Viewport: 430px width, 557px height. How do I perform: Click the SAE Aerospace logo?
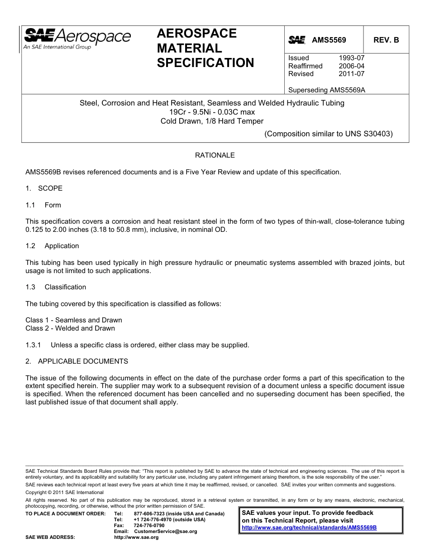(x=77, y=38)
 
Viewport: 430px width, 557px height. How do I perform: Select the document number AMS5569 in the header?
(x=329, y=40)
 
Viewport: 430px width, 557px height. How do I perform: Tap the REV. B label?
(x=386, y=40)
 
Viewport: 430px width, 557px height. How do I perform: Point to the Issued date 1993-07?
(x=351, y=58)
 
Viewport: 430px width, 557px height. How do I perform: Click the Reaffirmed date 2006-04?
(x=351, y=66)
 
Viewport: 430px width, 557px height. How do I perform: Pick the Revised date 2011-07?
(x=351, y=74)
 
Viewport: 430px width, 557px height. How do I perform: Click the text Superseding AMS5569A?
(x=326, y=90)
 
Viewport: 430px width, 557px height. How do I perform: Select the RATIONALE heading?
(x=215, y=155)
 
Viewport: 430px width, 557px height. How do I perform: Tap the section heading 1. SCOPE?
(x=44, y=188)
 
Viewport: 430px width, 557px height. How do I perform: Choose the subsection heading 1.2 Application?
(x=53, y=246)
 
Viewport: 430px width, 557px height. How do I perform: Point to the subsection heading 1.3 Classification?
(x=56, y=287)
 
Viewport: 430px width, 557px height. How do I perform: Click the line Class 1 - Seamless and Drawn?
(x=74, y=320)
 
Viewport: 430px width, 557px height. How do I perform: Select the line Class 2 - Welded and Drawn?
(x=70, y=328)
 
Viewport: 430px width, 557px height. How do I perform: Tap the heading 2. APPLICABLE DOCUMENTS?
(x=76, y=361)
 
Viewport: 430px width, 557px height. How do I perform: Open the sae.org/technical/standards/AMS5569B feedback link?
(x=309, y=528)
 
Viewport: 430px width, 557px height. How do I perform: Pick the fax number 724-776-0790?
(x=149, y=525)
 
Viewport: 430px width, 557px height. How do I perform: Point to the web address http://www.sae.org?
(x=136, y=538)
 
